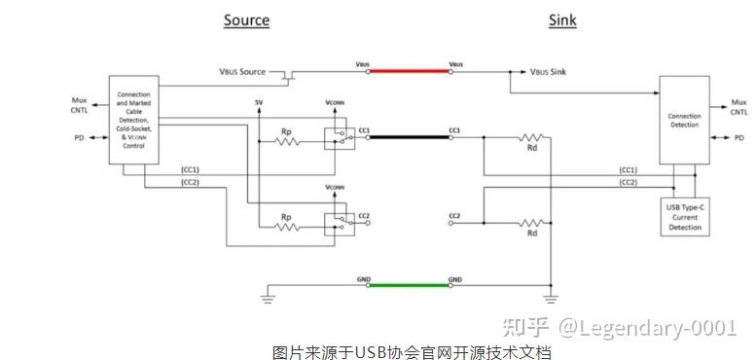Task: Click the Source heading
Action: (246, 19)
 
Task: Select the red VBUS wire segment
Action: (408, 70)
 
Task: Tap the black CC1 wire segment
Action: (408, 138)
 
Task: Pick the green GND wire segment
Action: (408, 285)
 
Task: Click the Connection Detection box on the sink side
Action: (684, 119)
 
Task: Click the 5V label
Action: (258, 102)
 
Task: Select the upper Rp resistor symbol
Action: (286, 142)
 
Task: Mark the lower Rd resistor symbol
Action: (532, 222)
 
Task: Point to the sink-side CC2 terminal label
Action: (454, 213)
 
